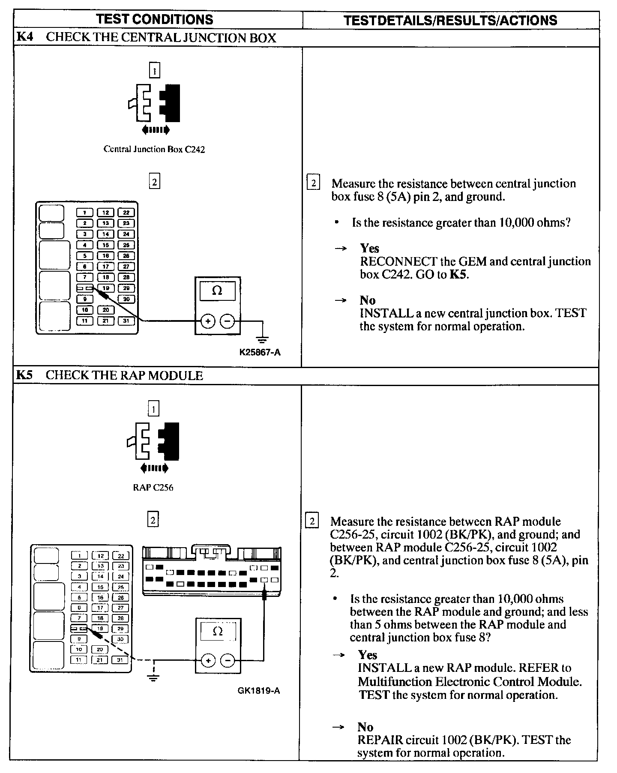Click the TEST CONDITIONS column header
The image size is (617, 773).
pos(155,19)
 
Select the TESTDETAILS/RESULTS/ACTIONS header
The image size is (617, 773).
pos(450,20)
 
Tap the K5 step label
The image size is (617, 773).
pos(24,375)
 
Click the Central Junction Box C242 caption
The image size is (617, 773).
pos(154,149)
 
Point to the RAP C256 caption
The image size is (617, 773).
pos(153,488)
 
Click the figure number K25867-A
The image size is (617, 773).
pos(260,352)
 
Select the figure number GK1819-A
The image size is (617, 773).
pos(259,691)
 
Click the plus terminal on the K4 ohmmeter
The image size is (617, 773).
pos(208,321)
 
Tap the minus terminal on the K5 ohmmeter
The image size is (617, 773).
pos(228,660)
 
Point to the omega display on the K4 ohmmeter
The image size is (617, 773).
pos(217,291)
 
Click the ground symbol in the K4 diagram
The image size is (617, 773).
pos(262,339)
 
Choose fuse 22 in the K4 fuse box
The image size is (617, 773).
pos(126,212)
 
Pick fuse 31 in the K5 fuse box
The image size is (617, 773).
pos(120,660)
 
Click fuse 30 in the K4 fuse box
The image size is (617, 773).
pos(126,299)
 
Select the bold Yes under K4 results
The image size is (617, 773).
pos(369,248)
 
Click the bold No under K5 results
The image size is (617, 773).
pos(365,727)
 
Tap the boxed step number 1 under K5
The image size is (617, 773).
pos(153,409)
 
